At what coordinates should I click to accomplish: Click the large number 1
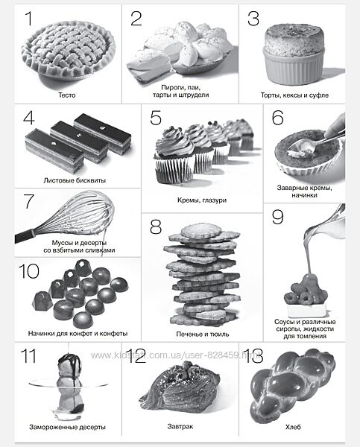29,19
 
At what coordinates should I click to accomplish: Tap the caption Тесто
67,95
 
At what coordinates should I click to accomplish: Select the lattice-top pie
69,51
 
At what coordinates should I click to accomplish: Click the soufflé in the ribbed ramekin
294,54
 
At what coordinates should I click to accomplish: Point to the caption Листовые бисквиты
75,180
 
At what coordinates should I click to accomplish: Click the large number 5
156,118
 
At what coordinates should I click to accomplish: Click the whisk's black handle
25,235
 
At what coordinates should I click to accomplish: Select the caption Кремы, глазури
202,200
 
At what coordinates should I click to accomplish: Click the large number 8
156,227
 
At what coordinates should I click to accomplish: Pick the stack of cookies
202,274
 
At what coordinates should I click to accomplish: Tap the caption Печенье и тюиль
203,334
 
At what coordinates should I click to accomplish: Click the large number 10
29,271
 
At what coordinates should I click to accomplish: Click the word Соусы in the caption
283,322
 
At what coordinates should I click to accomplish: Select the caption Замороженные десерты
67,427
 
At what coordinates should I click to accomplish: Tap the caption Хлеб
293,427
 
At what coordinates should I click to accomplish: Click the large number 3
253,19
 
